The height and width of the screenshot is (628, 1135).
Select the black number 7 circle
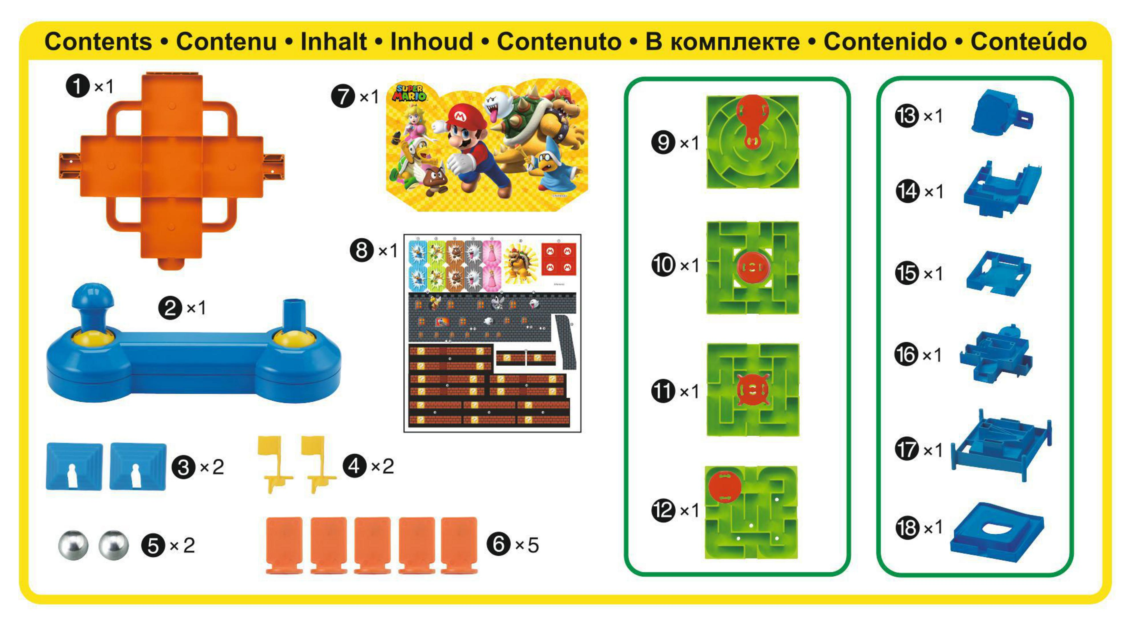point(343,96)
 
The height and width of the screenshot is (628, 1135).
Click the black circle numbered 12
point(663,511)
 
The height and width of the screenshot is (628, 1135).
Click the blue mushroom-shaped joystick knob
point(92,296)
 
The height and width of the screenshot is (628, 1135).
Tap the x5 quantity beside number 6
point(527,546)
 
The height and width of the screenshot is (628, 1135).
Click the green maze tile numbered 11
point(753,390)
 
